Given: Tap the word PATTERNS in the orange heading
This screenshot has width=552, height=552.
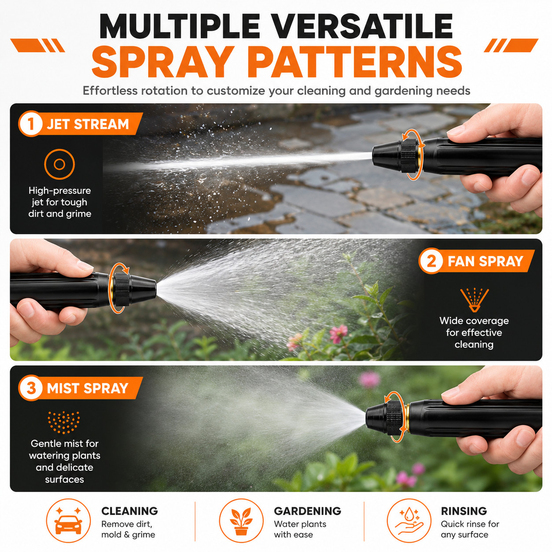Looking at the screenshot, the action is pyautogui.click(x=355, y=62).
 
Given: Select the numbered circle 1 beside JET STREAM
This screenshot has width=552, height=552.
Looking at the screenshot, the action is pyautogui.click(x=31, y=124).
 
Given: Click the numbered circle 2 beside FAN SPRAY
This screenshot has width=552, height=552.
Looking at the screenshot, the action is pyautogui.click(x=431, y=261).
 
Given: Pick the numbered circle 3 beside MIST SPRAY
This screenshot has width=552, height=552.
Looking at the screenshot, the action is pyautogui.click(x=31, y=388).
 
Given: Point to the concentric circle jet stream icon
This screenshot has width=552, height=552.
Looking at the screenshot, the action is pyautogui.click(x=59, y=164).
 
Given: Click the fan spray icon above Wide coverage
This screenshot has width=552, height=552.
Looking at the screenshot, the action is pyautogui.click(x=475, y=300).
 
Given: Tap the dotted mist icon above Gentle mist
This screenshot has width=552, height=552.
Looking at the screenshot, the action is pyautogui.click(x=63, y=422).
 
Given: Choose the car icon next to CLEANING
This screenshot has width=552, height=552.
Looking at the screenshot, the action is pyautogui.click(x=68, y=520).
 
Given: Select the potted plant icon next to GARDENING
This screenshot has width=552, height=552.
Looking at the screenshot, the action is pyautogui.click(x=241, y=520).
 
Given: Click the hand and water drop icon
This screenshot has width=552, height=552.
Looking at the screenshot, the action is pyautogui.click(x=409, y=520).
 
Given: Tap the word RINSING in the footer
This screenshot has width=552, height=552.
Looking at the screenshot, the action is pyautogui.click(x=464, y=511).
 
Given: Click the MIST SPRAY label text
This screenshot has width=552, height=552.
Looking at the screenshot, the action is pyautogui.click(x=87, y=388).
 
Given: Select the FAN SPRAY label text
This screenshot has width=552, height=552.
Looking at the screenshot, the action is pyautogui.click(x=485, y=261).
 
